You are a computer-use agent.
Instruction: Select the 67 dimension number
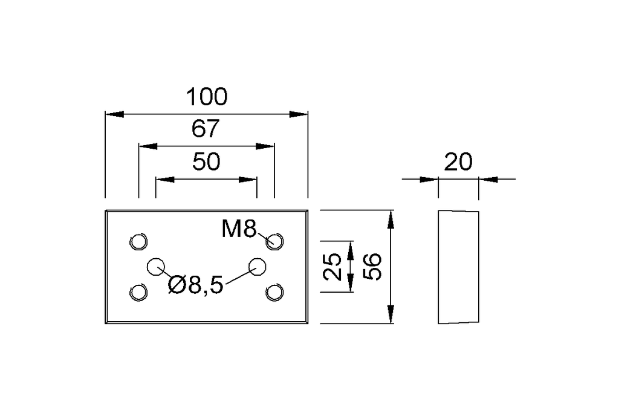206,129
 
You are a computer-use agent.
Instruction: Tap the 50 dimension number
206,162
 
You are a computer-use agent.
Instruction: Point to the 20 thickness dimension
458,162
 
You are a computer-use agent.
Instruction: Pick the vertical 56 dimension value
373,267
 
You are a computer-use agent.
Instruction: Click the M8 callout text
239,229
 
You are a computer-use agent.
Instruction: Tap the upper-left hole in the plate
139,241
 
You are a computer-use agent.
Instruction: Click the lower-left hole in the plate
139,293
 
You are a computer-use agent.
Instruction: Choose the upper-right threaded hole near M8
274,241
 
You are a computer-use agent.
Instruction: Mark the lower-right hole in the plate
274,293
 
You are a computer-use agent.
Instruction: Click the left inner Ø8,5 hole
157,266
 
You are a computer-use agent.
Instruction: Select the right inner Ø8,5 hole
258,266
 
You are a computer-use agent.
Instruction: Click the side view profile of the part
458,267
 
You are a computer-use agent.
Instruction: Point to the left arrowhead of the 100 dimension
114,114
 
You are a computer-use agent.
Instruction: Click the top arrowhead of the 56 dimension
391,218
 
